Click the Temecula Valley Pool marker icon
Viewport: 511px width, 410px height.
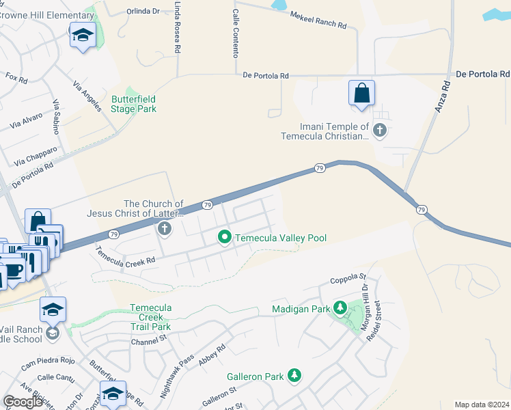(224, 238)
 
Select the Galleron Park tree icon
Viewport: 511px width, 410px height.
(294, 376)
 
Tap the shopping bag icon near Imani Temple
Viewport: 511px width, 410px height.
(361, 94)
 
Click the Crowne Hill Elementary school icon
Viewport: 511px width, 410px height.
(83, 35)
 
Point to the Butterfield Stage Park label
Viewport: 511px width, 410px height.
(134, 105)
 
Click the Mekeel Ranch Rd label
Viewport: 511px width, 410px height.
(318, 20)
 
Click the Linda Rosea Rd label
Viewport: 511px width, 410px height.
(178, 27)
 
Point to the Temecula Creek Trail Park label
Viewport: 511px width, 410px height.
(150, 317)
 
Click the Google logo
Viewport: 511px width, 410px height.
(23, 402)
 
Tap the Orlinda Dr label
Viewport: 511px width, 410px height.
(143, 11)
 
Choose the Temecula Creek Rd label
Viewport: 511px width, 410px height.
(126, 257)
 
